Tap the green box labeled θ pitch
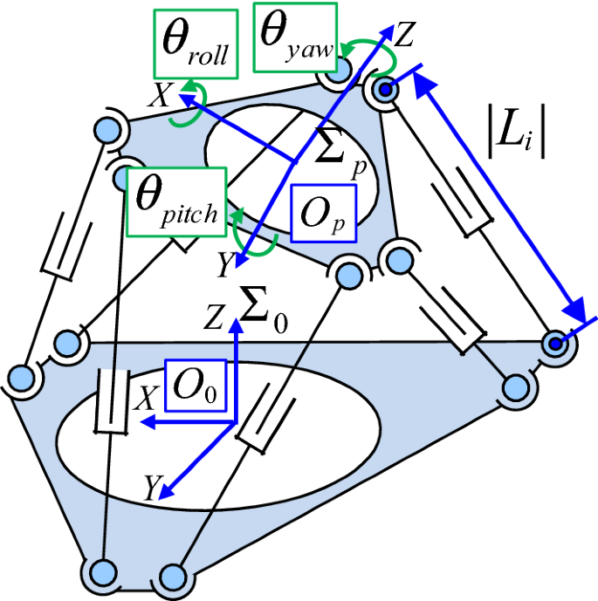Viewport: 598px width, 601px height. (175, 202)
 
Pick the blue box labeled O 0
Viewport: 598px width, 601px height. (195, 384)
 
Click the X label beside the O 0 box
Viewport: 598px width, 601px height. (149, 400)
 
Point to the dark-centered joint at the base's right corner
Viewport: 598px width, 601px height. (553, 345)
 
